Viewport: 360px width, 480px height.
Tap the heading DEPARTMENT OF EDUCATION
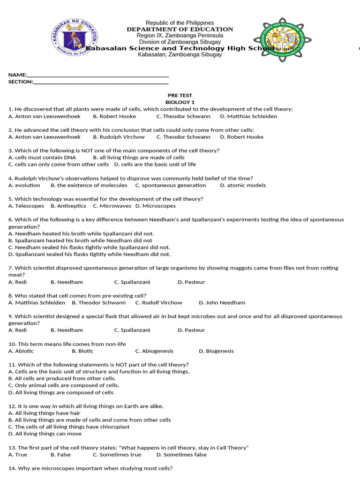point(180,29)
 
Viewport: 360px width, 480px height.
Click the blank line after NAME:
point(98,75)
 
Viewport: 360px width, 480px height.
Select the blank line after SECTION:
point(101,82)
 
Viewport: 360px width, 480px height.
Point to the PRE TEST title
point(180,95)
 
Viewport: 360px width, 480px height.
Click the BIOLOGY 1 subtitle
point(180,102)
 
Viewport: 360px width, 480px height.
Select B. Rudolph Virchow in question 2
point(119,137)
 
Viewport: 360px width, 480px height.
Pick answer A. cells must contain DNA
point(42,157)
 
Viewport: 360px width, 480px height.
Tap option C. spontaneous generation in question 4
point(170,185)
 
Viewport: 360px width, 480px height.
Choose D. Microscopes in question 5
point(156,206)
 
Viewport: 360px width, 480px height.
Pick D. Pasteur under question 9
point(191,330)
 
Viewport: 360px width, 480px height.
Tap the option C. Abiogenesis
point(154,351)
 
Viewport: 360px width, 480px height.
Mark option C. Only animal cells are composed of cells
point(60,385)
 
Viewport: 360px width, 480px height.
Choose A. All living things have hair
point(45,413)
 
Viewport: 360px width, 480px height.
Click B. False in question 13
point(60,455)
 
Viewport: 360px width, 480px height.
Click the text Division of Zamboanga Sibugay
point(180,42)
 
